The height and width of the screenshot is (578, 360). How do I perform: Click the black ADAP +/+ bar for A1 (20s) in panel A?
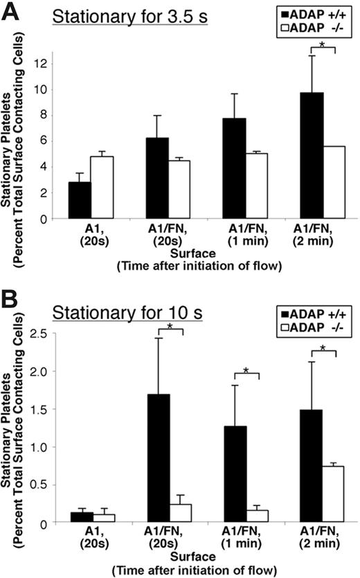[80, 200]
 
